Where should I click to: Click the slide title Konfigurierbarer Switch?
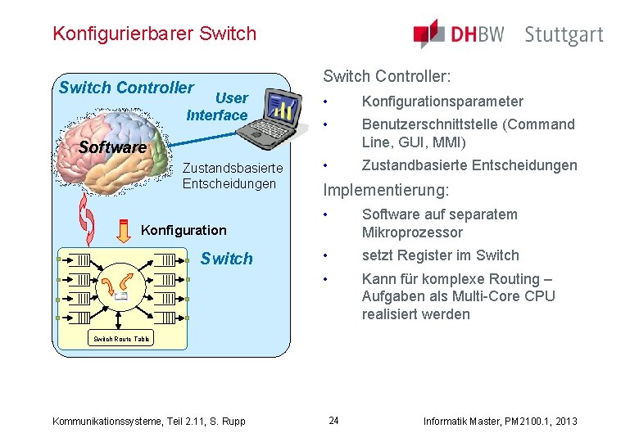click(154, 34)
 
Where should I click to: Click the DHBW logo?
click(458, 34)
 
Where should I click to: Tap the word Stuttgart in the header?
click(564, 35)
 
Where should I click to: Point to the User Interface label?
click(218, 107)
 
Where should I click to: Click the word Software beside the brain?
click(111, 147)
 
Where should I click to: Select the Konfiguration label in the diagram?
click(184, 230)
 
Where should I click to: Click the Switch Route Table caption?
click(121, 339)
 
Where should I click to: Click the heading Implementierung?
click(386, 191)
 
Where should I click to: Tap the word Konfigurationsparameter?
click(442, 101)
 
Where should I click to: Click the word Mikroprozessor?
click(412, 232)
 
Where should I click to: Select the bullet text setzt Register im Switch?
click(440, 255)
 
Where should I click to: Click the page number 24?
click(333, 421)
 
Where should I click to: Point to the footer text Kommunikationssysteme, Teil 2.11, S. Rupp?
click(148, 422)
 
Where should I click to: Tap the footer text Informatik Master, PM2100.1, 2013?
click(500, 422)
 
